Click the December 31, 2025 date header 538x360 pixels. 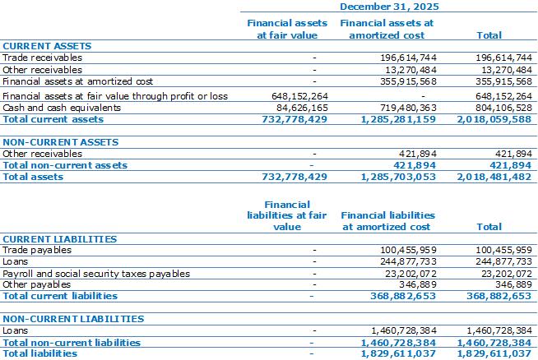[x=389, y=7]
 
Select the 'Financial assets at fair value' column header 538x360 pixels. [x=287, y=29]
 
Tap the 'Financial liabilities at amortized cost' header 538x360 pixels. [x=387, y=221]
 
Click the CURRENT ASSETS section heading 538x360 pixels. [x=47, y=46]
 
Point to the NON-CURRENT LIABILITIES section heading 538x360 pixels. [x=73, y=319]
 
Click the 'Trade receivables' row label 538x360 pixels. [x=42, y=58]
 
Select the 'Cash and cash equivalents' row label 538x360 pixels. [x=62, y=108]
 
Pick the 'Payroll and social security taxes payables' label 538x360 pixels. [x=96, y=274]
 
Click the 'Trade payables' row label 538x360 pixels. [x=37, y=250]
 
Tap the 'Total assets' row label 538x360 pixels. [x=33, y=177]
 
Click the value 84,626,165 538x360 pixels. [x=302, y=108]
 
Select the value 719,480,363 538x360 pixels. [x=408, y=108]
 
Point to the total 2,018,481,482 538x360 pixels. [x=494, y=177]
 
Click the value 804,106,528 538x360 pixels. [x=503, y=108]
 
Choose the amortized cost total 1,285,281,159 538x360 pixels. [x=398, y=119]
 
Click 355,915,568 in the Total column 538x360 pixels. [x=503, y=81]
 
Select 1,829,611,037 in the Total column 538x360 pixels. [x=494, y=353]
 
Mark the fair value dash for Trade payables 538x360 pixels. [x=314, y=251]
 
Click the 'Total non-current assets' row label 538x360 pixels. [x=65, y=165]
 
